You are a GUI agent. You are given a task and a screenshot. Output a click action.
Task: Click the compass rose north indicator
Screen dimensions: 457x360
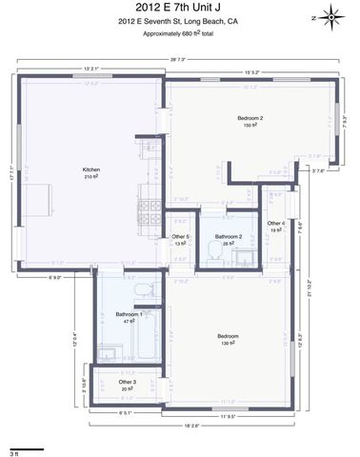point(330,16)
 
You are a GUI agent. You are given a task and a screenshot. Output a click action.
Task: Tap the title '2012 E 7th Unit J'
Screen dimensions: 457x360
point(179,8)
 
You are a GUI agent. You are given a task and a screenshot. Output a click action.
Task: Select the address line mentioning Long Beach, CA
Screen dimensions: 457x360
point(179,20)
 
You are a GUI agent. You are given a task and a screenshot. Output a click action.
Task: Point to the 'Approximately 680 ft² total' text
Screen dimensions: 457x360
point(179,33)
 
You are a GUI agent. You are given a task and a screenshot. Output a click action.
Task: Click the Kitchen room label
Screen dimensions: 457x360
point(91,170)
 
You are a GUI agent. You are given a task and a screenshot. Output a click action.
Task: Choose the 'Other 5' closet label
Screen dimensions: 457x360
point(181,236)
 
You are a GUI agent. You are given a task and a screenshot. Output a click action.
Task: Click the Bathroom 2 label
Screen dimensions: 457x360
point(229,236)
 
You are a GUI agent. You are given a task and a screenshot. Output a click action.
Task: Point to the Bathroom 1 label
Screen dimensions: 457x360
point(130,314)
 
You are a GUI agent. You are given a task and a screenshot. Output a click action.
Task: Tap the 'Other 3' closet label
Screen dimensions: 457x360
point(127,382)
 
